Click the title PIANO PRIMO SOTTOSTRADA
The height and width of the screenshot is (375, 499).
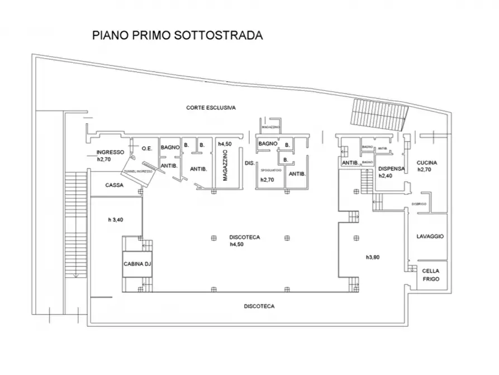[177, 35]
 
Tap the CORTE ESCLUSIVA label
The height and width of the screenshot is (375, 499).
[211, 107]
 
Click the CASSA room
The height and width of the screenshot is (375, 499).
[114, 186]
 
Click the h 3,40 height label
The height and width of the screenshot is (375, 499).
[116, 219]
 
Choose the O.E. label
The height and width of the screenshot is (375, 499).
[147, 148]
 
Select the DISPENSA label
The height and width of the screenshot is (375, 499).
[391, 168]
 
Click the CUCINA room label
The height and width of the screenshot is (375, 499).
[426, 163]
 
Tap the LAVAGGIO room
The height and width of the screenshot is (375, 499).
[430, 237]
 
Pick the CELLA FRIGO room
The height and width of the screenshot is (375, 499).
[431, 274]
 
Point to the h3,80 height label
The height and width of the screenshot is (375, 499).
[373, 257]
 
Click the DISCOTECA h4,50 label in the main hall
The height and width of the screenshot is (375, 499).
[244, 241]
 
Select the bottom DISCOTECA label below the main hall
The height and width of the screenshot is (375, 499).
[259, 306]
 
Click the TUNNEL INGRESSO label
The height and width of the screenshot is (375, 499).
[138, 172]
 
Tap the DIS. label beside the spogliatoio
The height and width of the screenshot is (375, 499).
[249, 163]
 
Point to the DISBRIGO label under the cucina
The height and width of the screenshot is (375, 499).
[419, 204]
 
